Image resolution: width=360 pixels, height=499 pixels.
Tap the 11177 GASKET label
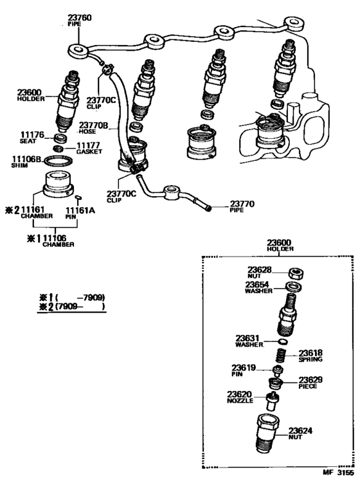pyautogui.click(x=89, y=149)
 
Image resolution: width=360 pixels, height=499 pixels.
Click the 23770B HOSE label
pyautogui.click(x=94, y=127)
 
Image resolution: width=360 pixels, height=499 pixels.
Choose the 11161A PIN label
pyautogui.click(x=80, y=213)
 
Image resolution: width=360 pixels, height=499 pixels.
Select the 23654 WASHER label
pyautogui.click(x=261, y=286)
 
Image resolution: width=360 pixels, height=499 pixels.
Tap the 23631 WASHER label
pyautogui.click(x=249, y=341)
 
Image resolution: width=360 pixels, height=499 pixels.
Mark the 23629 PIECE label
pyautogui.click(x=309, y=383)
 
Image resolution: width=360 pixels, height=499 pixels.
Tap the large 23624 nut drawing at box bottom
pyautogui.click(x=267, y=433)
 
